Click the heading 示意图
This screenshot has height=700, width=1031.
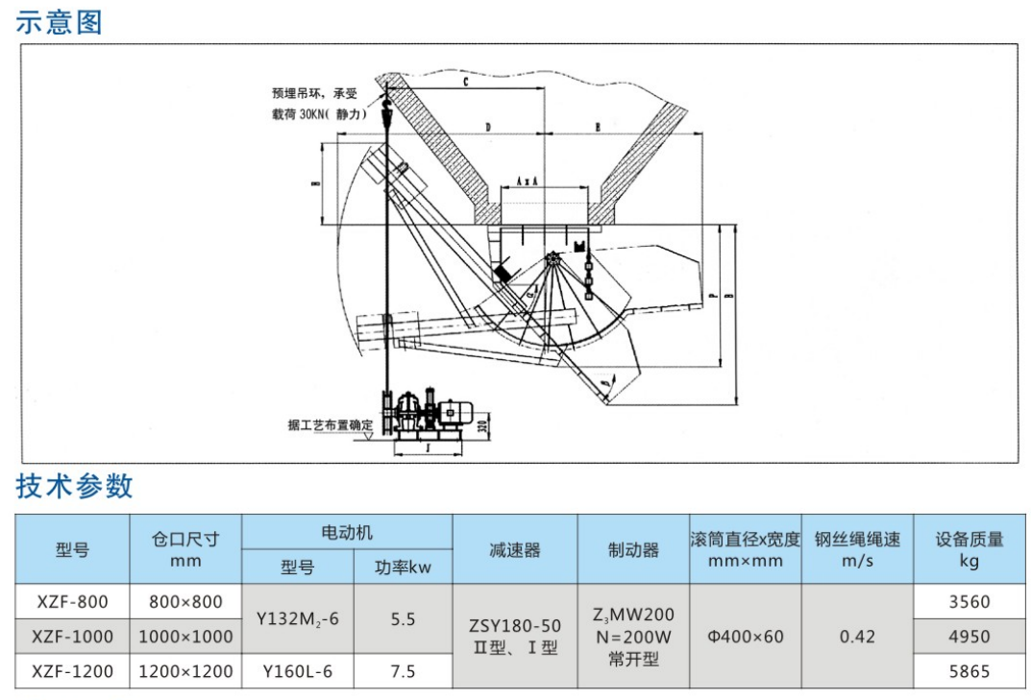59,21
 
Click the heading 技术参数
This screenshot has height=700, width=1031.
74,486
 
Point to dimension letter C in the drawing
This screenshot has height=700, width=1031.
464,83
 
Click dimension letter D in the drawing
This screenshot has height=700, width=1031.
487,126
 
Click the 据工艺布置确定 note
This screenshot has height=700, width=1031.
329,424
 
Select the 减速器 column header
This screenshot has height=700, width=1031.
514,549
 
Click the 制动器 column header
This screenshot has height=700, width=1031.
633,549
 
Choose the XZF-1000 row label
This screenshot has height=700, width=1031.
72,636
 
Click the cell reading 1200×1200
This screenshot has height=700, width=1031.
185,671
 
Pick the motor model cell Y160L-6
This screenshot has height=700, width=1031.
297,671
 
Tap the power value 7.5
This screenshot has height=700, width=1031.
403,671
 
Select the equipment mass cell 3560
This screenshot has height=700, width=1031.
969,602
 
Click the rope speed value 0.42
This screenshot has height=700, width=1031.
857,636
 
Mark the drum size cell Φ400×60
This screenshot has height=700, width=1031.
745,636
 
